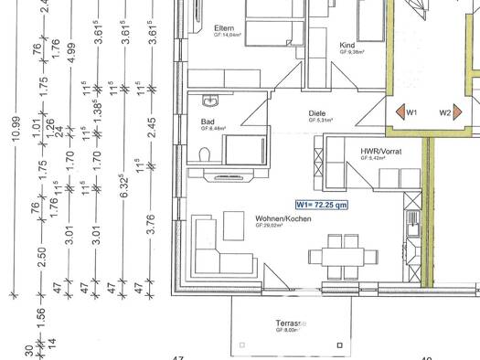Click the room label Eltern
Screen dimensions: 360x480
[x=224, y=28]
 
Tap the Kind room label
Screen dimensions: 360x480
[x=347, y=44]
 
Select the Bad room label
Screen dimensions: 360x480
[x=208, y=121]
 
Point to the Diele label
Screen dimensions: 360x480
[x=317, y=113]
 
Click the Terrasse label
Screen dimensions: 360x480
[x=290, y=323]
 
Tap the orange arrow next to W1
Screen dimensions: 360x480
[x=399, y=112]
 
